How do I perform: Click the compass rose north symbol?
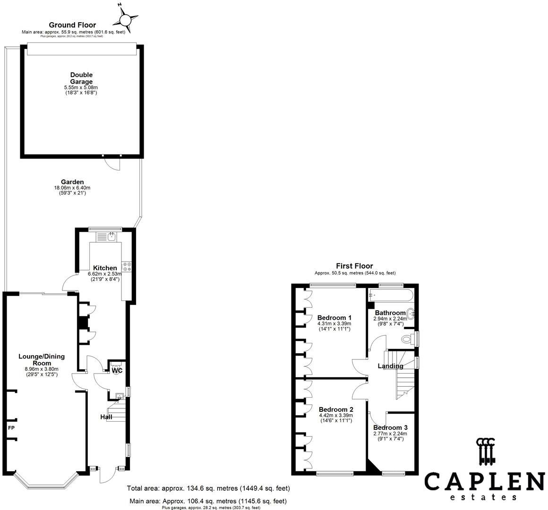(125, 18)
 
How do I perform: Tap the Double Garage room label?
(81, 78)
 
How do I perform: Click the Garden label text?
(72, 182)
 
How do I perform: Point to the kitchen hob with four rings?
(126, 266)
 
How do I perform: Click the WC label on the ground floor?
(117, 370)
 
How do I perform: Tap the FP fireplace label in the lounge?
(11, 427)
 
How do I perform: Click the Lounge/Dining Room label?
(42, 359)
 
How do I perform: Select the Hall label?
(106, 416)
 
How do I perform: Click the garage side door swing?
(112, 163)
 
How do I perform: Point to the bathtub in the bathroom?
(391, 296)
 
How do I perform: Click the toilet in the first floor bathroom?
(408, 338)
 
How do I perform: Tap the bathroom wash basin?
(411, 314)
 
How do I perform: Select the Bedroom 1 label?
(334, 317)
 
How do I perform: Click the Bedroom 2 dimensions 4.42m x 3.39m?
(336, 416)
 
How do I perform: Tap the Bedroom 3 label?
(390, 427)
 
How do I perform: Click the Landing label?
(390, 365)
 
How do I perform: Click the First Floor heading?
(354, 266)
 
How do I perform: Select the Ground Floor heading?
(72, 25)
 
